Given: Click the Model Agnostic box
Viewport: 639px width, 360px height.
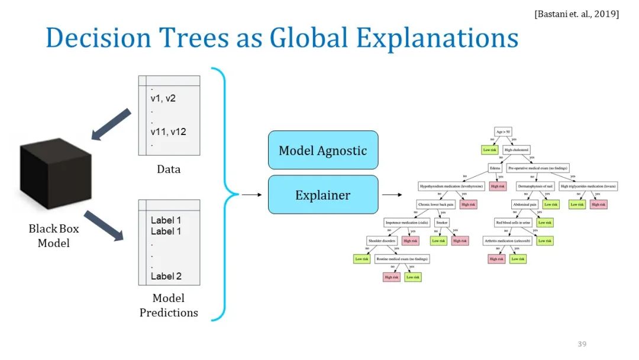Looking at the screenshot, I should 322,150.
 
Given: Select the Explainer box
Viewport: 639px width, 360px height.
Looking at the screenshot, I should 322,194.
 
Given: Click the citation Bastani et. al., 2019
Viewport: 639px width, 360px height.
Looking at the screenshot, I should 576,14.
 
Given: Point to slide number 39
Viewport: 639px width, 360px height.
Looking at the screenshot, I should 582,344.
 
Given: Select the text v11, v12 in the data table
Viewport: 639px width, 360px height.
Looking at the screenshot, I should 169,131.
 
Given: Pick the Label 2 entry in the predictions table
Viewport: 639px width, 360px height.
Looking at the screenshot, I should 166,276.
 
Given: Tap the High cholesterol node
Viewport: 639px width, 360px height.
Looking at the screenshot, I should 516,150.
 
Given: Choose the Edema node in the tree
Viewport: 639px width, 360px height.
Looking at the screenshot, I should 495,168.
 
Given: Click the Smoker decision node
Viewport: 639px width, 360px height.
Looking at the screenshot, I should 442,223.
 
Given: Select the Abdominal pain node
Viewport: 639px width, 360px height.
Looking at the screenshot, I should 524,204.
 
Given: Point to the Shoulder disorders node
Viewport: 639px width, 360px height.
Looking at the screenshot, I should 382,240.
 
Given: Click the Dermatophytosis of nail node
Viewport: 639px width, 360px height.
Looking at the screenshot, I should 534,186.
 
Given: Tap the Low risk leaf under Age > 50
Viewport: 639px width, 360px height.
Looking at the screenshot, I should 490,150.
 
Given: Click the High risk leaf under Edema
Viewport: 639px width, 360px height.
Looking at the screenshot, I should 498,186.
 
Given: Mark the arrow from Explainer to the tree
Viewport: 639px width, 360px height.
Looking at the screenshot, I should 391,194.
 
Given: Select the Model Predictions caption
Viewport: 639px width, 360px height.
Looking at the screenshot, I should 169,305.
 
